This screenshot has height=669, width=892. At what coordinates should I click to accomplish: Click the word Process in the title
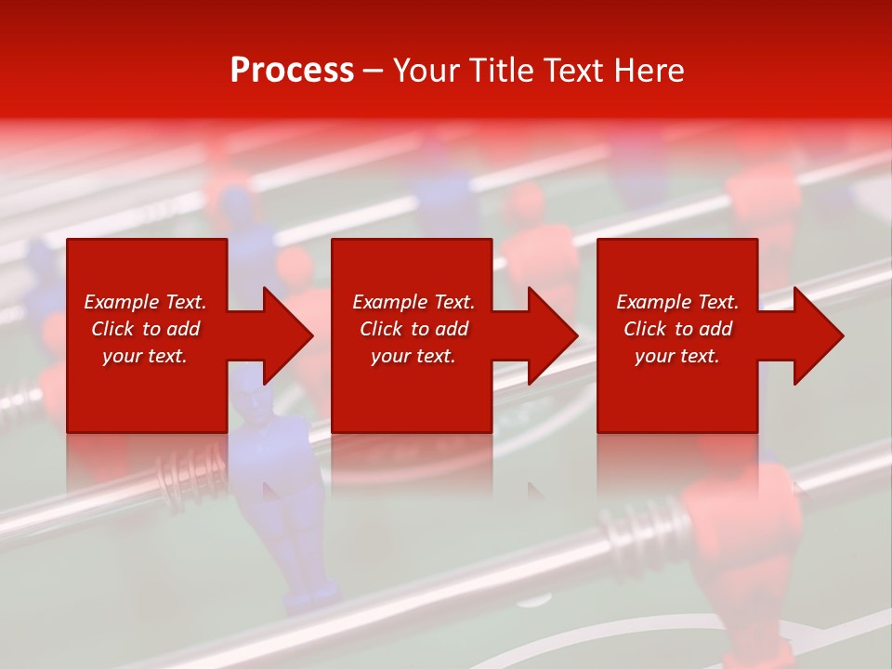click(292, 71)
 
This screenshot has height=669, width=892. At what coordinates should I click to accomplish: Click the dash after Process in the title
click(373, 72)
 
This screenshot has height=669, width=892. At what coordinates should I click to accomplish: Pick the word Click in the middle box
click(382, 329)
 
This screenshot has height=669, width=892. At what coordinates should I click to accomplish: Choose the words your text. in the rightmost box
click(676, 356)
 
